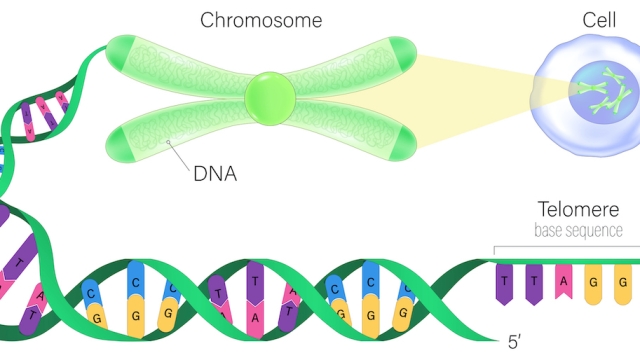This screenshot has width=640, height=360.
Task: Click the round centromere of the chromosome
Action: tap(270, 97)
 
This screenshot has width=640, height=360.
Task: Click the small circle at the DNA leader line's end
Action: tap(167, 144)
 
